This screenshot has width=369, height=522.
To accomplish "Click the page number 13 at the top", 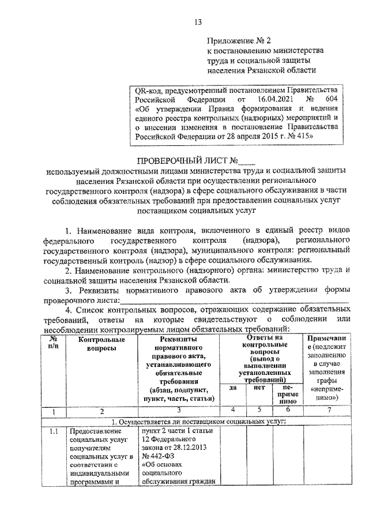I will (x=198, y=22).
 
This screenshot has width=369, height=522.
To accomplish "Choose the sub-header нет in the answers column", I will (x=259, y=388).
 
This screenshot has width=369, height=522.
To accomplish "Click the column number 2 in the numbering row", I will (x=102, y=411).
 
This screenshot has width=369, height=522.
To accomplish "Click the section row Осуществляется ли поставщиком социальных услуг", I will (x=197, y=421).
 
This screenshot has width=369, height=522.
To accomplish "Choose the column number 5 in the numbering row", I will (x=259, y=411).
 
